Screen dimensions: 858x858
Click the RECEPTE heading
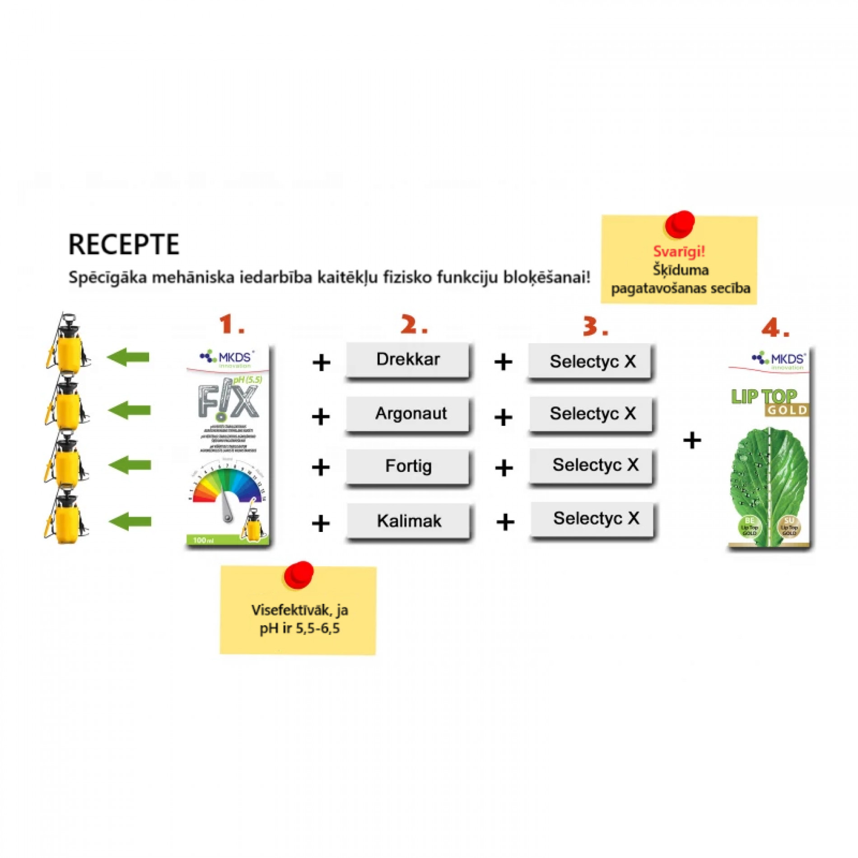[x=124, y=244]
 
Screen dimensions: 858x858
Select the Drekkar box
[x=408, y=360]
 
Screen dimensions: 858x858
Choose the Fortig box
[x=408, y=466]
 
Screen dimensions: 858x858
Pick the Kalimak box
[x=409, y=521]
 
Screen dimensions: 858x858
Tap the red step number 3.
[x=595, y=326]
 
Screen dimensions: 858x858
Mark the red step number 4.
[x=775, y=328]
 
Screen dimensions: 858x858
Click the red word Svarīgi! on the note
[x=678, y=252]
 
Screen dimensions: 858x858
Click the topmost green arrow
[x=129, y=357]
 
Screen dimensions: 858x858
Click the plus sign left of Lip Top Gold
[x=692, y=440]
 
